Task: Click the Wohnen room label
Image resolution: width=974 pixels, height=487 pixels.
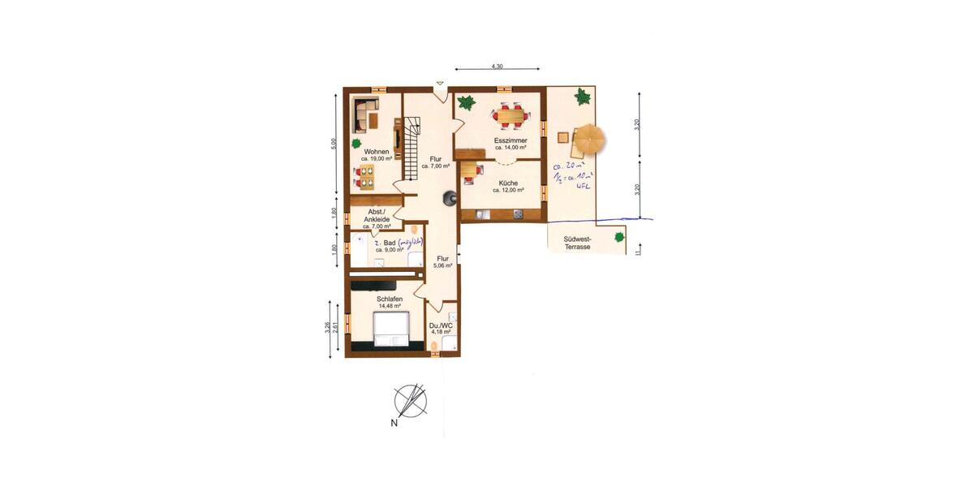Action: [377, 152]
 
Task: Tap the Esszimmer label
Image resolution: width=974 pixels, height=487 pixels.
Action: [511, 140]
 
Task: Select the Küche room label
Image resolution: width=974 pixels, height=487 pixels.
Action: [509, 183]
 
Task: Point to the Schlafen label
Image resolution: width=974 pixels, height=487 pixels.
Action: [390, 299]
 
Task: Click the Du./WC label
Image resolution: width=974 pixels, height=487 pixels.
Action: [442, 325]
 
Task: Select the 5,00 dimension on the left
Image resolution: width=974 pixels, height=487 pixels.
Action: [334, 143]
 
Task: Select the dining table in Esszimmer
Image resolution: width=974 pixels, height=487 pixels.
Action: [511, 116]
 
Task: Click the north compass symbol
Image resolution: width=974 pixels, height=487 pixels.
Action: [410, 400]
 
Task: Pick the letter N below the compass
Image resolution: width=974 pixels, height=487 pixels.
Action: [394, 423]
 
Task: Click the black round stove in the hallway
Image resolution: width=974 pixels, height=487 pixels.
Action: [449, 197]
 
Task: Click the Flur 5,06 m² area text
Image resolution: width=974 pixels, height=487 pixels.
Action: [442, 262]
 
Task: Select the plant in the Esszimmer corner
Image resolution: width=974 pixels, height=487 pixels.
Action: [466, 102]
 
